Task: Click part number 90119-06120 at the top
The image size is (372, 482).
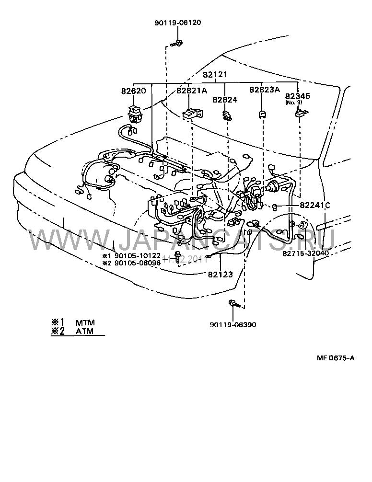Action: point(178,23)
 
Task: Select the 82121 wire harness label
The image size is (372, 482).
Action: point(214,75)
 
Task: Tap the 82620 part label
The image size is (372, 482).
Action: point(134,91)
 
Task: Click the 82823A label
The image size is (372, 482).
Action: point(263,90)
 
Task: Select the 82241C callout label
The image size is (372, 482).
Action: point(315,205)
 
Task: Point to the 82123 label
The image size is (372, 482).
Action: point(220,275)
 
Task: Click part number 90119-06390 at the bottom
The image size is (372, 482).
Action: point(233,324)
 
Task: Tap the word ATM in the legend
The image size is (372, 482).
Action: point(84,331)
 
